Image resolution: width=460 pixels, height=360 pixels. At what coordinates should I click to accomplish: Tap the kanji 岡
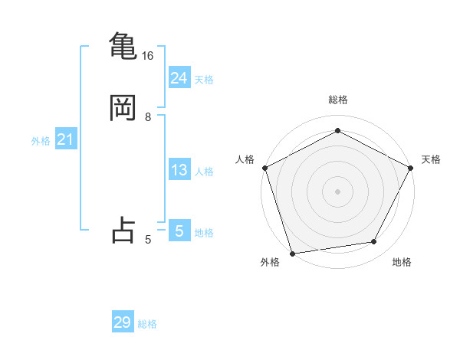click(x=123, y=108)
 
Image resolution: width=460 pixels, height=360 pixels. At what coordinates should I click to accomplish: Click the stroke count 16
click(x=147, y=56)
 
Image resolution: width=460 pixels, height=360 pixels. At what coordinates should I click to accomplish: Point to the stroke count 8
click(x=147, y=117)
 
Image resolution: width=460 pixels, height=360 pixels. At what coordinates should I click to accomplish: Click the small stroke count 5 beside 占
click(x=147, y=240)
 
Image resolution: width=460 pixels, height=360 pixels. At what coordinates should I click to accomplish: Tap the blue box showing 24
click(x=179, y=77)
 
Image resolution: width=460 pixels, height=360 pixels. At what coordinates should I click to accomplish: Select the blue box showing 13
click(x=179, y=170)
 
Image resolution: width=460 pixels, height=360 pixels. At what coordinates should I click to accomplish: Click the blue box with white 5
click(x=179, y=231)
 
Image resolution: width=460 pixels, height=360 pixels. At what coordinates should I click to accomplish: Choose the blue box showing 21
click(x=65, y=139)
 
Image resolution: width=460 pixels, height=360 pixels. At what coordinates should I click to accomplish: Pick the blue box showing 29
click(x=123, y=322)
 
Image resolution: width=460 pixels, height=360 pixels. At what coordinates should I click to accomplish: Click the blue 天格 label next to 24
click(x=204, y=79)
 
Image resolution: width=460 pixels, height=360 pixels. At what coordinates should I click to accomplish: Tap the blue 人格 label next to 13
click(x=204, y=172)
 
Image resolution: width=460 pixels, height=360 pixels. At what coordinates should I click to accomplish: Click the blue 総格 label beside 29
click(x=147, y=324)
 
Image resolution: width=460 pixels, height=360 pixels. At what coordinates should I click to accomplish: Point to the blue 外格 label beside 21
click(x=41, y=141)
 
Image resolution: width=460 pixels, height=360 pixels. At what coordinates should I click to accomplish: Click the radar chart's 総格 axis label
click(x=337, y=100)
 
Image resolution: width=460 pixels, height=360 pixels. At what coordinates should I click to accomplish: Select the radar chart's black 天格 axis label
click(x=431, y=159)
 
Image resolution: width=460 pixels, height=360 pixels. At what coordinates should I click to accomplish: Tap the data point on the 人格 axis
click(x=264, y=167)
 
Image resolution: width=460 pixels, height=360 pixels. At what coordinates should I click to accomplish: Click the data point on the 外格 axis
click(x=292, y=252)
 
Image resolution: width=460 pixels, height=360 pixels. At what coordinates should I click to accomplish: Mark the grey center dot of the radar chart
click(x=337, y=191)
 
